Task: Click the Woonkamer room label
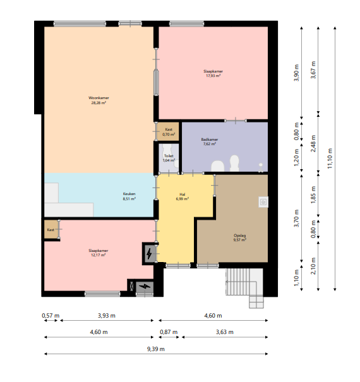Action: (99, 98)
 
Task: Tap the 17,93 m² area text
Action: (213, 76)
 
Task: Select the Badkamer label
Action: (210, 140)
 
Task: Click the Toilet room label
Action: (169, 156)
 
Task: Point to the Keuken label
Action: (129, 194)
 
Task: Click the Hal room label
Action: (183, 194)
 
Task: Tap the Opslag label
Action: (240, 236)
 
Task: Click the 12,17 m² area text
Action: (99, 255)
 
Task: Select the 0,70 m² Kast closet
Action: (168, 131)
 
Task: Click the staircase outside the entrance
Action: (244, 284)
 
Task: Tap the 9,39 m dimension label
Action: (156, 349)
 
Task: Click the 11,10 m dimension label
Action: (330, 158)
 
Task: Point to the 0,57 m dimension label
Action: (51, 316)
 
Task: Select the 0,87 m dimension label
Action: (169, 332)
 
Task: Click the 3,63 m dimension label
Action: (225, 332)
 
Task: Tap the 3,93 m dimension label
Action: (107, 316)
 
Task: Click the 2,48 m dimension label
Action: (313, 143)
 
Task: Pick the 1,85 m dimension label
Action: (313, 195)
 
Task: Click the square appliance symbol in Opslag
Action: (263, 202)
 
